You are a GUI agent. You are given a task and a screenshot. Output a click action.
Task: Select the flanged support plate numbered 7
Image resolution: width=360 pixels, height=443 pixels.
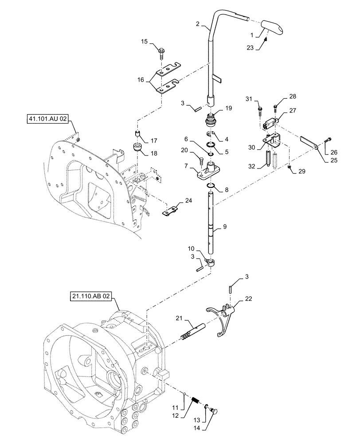pyautogui.click(x=209, y=171)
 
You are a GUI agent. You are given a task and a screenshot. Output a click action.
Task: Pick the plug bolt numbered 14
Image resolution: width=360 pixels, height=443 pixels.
pyautogui.click(x=215, y=412)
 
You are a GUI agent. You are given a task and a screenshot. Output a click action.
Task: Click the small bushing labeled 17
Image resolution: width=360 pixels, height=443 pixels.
pyautogui.click(x=137, y=134)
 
